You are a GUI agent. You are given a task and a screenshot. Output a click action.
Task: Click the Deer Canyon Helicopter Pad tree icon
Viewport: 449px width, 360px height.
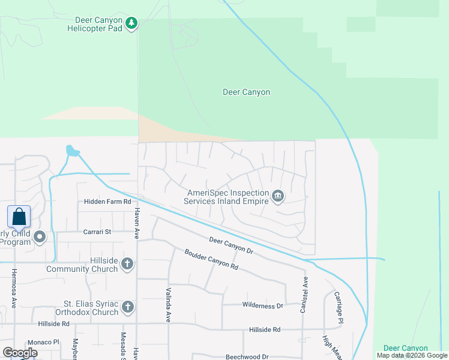[x=131, y=24]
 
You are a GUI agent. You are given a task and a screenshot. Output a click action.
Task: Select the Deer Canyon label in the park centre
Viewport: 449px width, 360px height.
[x=246, y=92]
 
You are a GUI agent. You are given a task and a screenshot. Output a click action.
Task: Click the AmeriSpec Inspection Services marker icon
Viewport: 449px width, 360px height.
[x=278, y=196]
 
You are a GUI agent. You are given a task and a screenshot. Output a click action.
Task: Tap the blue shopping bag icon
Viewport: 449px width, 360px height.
[x=19, y=217]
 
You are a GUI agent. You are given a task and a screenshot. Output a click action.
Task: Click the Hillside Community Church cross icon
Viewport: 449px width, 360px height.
[x=127, y=264]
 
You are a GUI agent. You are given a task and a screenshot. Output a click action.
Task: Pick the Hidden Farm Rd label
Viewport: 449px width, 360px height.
[x=107, y=202]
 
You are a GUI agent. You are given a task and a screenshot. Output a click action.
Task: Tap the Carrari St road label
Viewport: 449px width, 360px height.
[x=97, y=231]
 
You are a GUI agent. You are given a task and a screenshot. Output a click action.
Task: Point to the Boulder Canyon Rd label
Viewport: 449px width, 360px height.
[x=211, y=259]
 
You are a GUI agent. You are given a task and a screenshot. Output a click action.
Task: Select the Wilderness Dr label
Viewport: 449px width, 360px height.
[x=262, y=305]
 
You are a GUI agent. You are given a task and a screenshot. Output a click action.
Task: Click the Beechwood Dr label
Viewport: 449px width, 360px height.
[x=247, y=356]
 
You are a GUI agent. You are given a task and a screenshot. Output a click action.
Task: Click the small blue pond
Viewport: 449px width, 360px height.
[x=72, y=151]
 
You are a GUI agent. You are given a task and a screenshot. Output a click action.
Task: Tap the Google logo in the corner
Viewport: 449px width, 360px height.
[x=20, y=353]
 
